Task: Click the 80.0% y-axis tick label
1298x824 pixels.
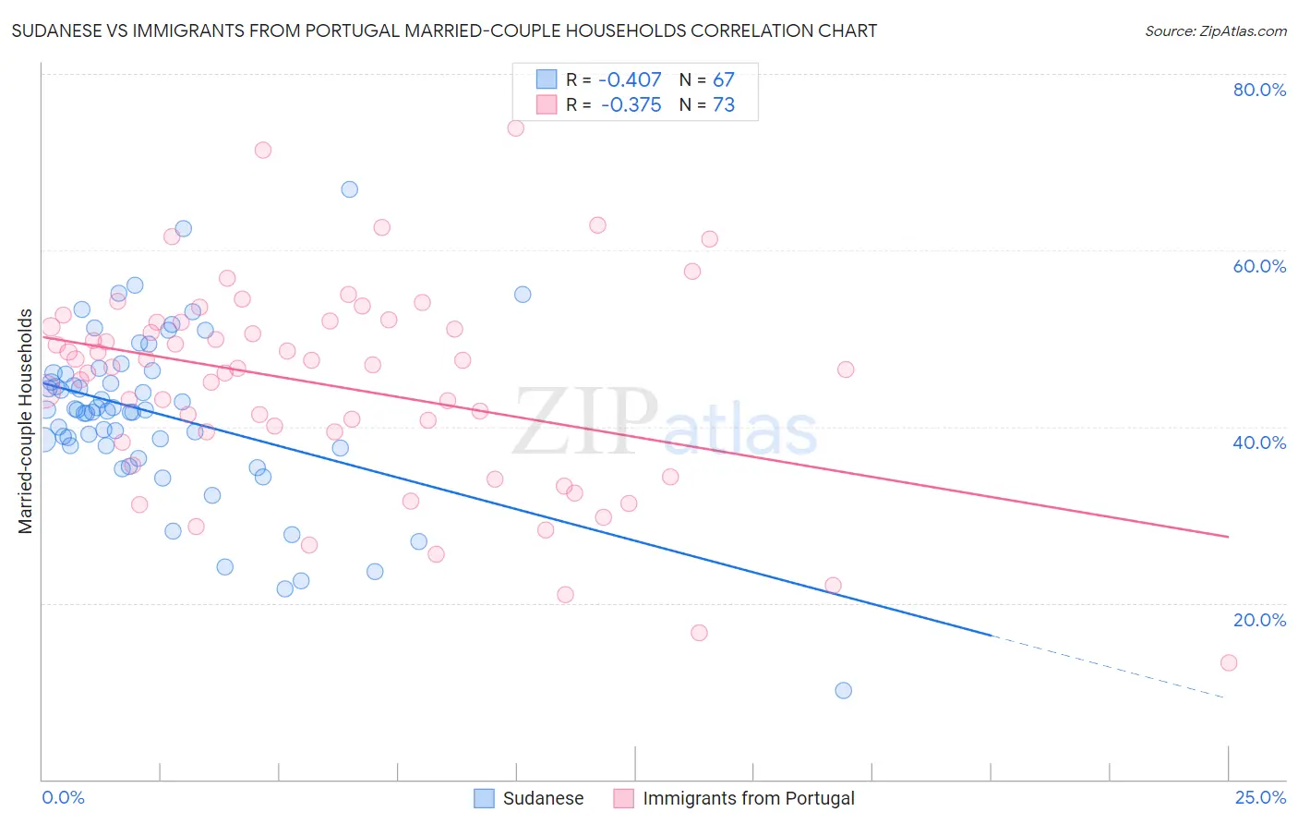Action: point(1259,90)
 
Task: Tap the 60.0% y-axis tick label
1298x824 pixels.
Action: point(1259,266)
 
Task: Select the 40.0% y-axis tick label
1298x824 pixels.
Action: point(1259,442)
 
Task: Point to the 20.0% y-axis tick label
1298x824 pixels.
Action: point(1259,620)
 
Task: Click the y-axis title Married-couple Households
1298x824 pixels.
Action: point(26,421)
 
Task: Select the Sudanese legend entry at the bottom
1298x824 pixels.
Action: point(529,798)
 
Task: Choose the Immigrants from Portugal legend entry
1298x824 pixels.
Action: point(735,798)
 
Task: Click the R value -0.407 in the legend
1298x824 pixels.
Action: point(631,80)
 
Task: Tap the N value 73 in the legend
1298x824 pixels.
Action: point(724,105)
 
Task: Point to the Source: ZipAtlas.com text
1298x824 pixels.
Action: point(1215,31)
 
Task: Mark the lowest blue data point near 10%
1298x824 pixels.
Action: point(843,690)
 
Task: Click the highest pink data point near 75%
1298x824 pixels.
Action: point(516,127)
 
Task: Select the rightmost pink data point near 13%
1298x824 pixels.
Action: point(1229,662)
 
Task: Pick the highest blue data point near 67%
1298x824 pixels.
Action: point(349,189)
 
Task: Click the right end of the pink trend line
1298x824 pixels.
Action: point(1227,536)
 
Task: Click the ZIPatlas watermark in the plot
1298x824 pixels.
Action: point(665,422)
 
